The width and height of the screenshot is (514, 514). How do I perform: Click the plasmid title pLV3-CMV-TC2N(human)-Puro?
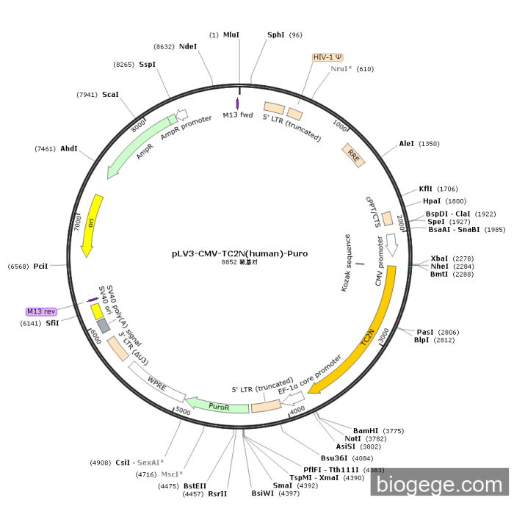[240, 253]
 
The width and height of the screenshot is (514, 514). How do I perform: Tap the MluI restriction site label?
[231, 35]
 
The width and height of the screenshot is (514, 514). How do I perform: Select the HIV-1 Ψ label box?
[327, 57]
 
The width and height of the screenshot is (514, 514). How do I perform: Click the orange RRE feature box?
[353, 155]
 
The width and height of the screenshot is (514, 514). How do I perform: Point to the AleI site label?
[407, 144]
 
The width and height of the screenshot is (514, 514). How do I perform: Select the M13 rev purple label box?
[41, 311]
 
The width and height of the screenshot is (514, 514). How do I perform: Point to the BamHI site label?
[366, 430]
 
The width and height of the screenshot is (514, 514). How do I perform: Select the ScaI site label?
[110, 95]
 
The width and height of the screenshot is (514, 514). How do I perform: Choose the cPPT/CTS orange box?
[387, 218]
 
